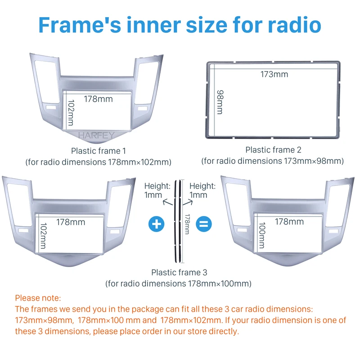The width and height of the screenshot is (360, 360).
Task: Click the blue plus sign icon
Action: point(156,224)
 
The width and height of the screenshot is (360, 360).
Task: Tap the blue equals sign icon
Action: point(204,224)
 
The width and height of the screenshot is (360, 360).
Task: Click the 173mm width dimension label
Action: point(274,74)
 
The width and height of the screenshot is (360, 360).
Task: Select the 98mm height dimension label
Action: point(220,102)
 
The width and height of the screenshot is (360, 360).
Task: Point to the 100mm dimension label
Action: point(262,235)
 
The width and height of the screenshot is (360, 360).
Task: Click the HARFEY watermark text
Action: point(96,135)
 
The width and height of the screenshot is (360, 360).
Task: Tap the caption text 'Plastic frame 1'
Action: point(99,151)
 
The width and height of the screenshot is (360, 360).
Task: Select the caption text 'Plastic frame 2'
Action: point(273,150)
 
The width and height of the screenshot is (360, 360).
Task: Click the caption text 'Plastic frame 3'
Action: point(179,272)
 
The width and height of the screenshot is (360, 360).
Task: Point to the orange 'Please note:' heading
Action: point(38,298)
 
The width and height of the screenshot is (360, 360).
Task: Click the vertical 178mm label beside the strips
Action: point(187,224)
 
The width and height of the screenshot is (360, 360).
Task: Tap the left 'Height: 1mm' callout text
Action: point(157,190)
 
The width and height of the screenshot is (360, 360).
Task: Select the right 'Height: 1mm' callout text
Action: point(202,190)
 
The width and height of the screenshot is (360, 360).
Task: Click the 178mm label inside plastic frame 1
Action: point(98,99)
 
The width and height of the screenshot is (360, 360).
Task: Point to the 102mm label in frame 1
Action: point(71,113)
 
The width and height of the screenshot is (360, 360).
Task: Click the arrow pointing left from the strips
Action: point(167,202)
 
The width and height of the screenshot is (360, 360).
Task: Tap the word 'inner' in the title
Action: point(153,25)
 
